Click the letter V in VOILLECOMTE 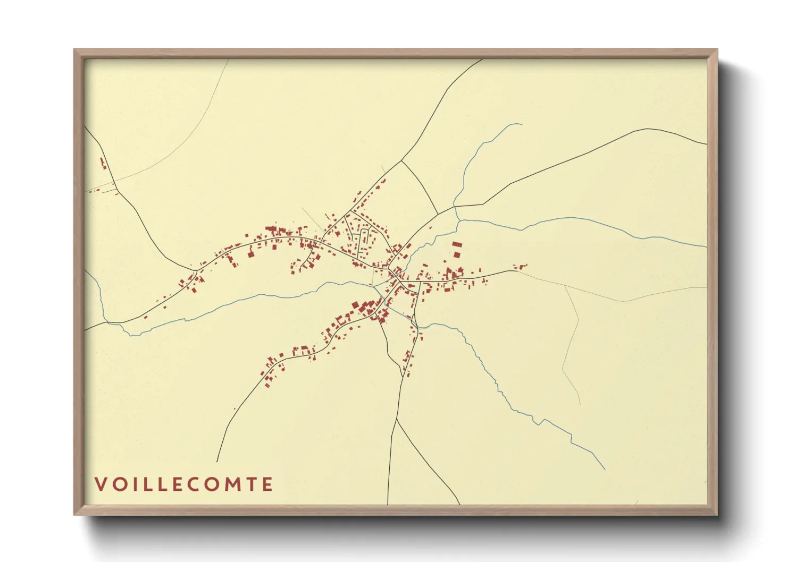[x=99, y=484]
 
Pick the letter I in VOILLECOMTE [x=136, y=484]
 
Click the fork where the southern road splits [x=397, y=419]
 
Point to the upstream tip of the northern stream [x=521, y=124]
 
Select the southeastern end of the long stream [x=605, y=469]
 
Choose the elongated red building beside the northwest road [x=103, y=163]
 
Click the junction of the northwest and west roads [x=196, y=271]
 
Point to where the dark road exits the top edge [x=482, y=59]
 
